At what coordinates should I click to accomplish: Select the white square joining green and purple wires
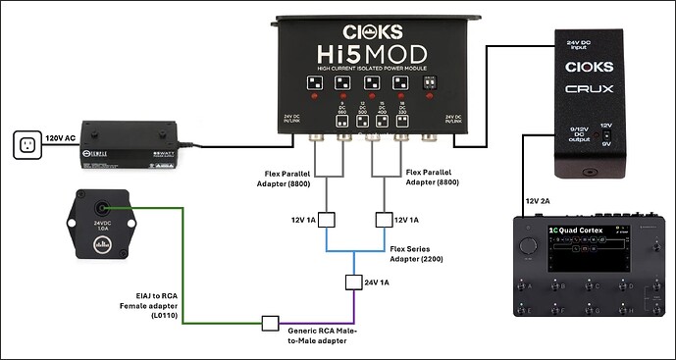269,322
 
